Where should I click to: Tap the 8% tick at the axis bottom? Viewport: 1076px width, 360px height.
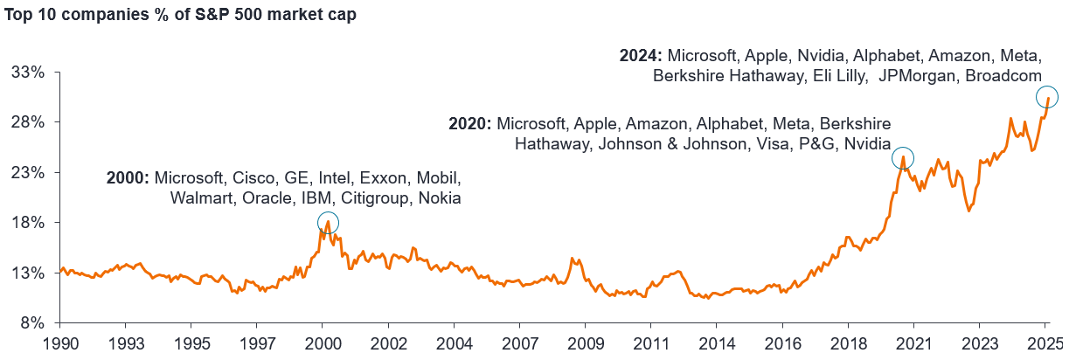[33, 323]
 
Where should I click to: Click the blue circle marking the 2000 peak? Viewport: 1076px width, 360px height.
[328, 223]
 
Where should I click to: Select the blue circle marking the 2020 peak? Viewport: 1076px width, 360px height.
[902, 158]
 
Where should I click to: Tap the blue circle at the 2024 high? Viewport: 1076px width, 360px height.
[1047, 96]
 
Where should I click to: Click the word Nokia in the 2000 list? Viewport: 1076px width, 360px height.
[440, 198]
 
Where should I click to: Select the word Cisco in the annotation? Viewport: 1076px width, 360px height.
[250, 178]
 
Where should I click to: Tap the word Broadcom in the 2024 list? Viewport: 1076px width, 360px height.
[1003, 76]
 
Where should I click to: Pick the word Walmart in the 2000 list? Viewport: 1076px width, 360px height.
[198, 198]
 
